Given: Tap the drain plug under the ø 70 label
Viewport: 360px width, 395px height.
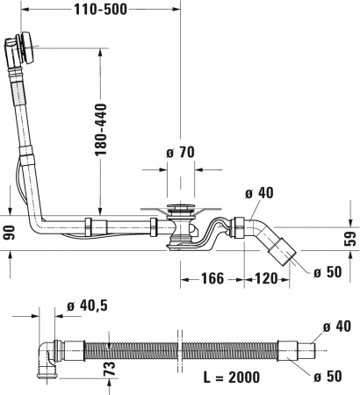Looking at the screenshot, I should tap(179, 211).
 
